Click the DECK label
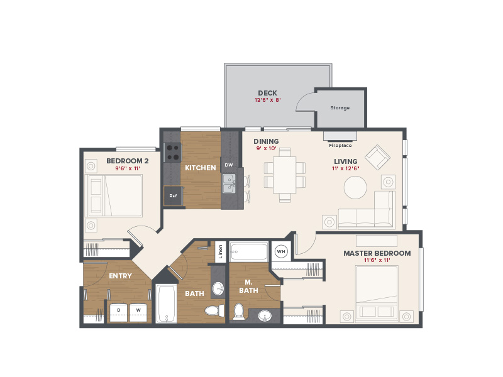267,93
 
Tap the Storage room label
340,107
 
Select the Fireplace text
340,145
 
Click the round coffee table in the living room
355,187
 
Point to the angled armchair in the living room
377,157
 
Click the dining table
285,175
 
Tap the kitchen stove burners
172,152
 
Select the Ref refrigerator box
173,195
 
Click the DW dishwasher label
229,165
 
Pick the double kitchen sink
229,183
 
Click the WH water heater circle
281,252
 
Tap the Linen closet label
221,252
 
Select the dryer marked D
119,312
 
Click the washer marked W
138,312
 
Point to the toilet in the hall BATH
214,310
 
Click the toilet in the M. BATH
238,312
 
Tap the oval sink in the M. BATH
265,315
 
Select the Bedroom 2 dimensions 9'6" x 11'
128,168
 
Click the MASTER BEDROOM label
377,253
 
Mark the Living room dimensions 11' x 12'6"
345,168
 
